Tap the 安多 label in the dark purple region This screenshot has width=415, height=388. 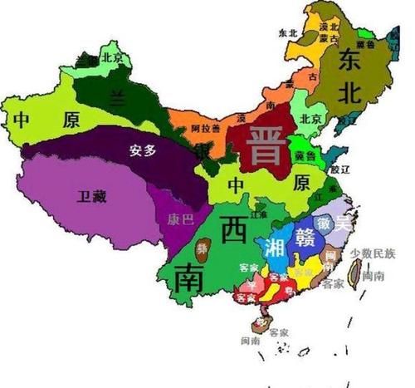143,151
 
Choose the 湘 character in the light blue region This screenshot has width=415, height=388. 274,247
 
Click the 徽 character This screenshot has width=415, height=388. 328,223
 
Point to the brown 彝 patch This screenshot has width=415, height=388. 204,248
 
